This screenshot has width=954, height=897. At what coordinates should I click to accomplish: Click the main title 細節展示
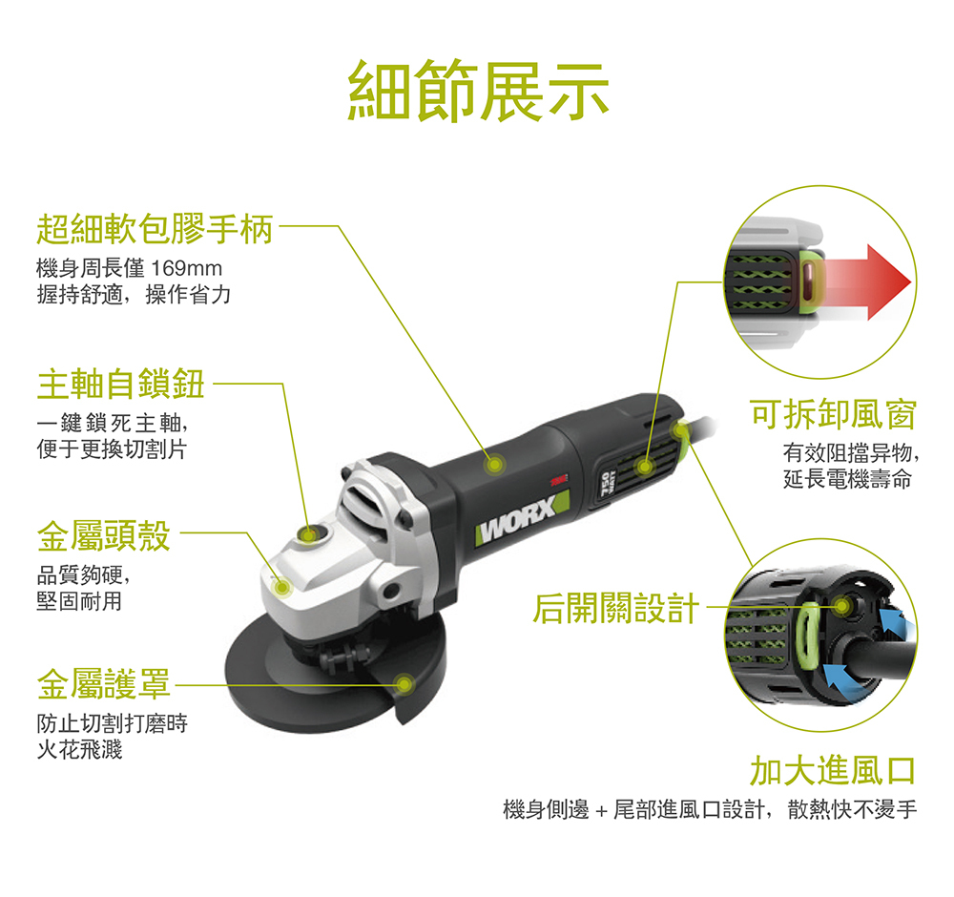tap(478, 90)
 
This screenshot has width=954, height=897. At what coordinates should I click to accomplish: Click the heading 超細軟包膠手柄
tap(155, 229)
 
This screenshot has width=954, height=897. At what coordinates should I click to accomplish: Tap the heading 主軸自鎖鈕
tap(120, 384)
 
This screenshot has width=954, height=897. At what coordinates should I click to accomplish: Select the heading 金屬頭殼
tap(103, 535)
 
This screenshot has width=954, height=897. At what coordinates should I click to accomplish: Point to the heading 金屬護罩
tap(103, 683)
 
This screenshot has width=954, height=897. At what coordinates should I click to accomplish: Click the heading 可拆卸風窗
tap(833, 414)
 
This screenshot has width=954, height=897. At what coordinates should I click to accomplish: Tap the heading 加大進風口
tap(833, 770)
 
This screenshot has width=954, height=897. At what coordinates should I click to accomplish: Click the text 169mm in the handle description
tap(186, 268)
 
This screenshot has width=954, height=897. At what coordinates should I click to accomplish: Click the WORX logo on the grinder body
tap(522, 518)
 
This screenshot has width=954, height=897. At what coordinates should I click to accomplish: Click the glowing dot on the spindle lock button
tap(310, 535)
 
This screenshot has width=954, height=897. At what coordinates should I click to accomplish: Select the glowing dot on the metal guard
tap(404, 684)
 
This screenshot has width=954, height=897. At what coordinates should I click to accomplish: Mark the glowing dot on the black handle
tap(494, 465)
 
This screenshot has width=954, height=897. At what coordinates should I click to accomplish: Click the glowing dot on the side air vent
tap(644, 468)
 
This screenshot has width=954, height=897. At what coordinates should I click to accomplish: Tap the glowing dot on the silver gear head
tap(281, 587)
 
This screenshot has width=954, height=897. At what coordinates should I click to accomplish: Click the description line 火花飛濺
tap(80, 749)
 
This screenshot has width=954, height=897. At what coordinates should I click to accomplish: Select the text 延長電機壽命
tap(847, 480)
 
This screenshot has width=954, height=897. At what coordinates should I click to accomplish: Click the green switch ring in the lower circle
tap(809, 636)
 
